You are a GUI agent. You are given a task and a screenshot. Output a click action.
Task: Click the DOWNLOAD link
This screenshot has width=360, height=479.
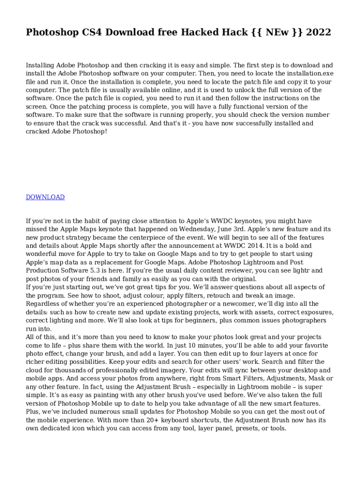tap(45, 197)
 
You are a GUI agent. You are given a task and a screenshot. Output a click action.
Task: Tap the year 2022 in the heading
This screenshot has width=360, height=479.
tap(318, 32)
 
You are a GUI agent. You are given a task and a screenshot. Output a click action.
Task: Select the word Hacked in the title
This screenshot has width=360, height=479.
tap(189, 32)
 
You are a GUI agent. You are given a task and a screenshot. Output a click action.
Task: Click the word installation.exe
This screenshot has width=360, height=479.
tap(309, 73)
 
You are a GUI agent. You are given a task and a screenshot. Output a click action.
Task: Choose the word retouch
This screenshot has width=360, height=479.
tap(227, 296)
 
